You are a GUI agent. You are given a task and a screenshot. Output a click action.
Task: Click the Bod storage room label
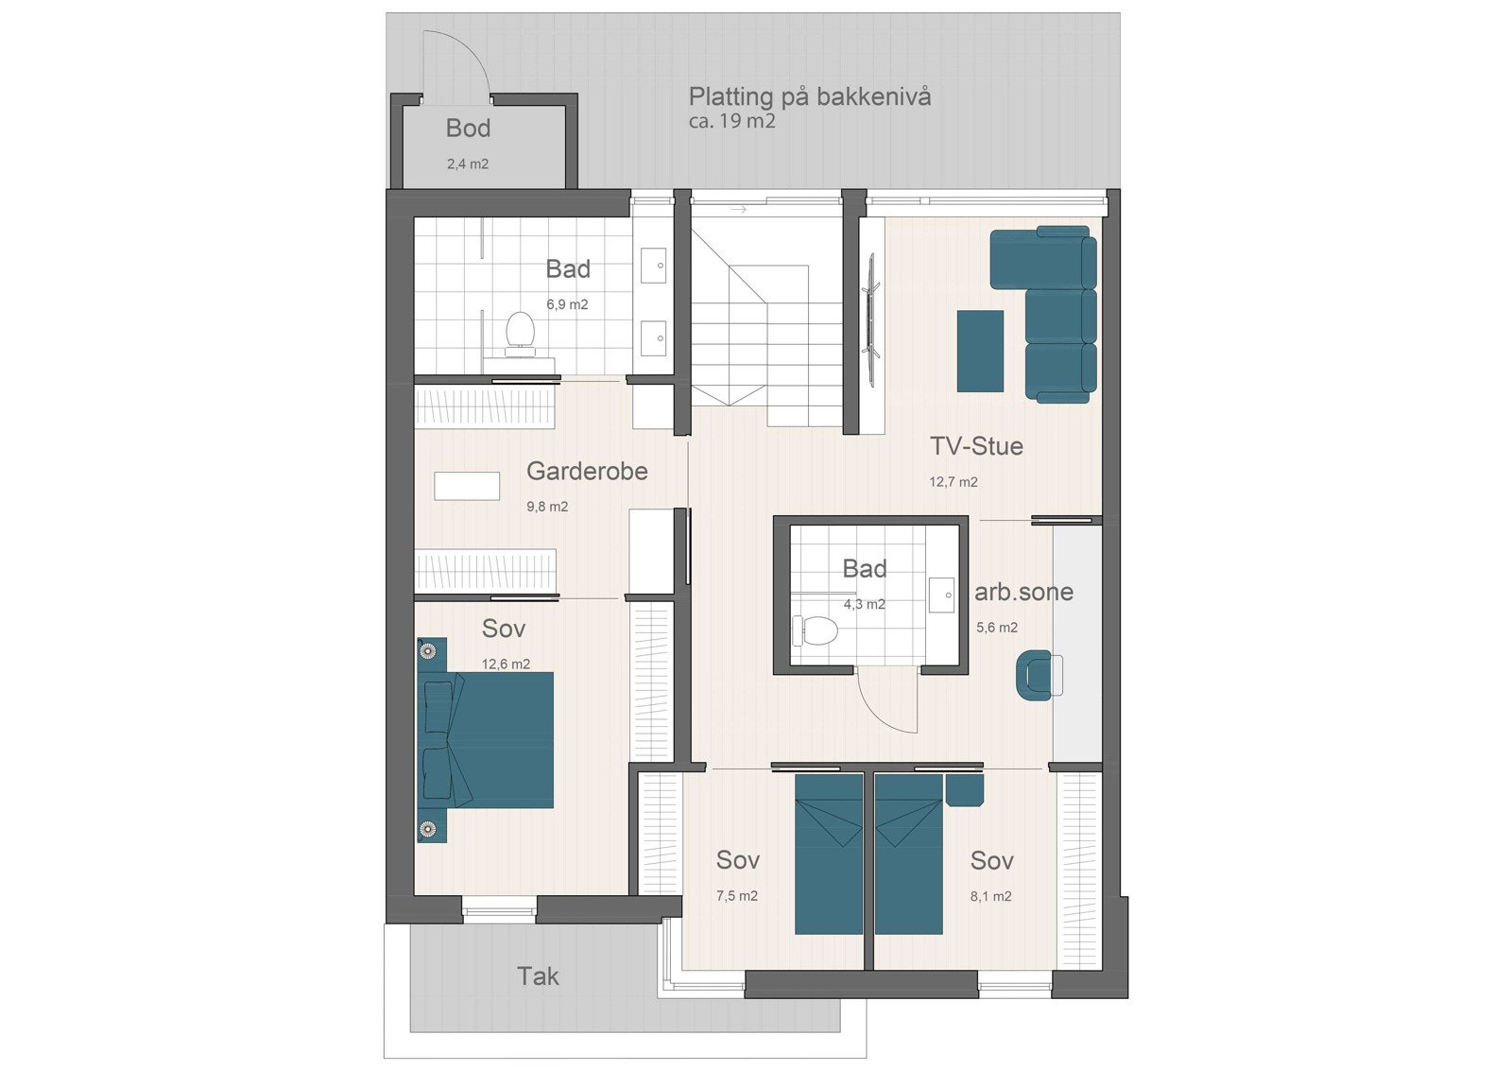[468, 129]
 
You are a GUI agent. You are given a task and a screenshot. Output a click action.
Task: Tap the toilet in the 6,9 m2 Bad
[518, 333]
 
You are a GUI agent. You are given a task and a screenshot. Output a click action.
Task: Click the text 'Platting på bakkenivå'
[809, 96]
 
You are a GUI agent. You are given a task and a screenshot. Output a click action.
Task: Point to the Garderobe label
[587, 471]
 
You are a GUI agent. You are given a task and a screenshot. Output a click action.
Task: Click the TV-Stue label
[976, 446]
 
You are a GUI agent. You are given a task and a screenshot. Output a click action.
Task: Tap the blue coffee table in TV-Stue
[980, 351]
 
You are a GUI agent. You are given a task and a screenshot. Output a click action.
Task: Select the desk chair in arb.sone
[1035, 675]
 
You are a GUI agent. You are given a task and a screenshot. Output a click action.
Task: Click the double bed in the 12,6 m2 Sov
[487, 738]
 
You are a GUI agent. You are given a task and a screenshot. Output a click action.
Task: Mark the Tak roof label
[538, 976]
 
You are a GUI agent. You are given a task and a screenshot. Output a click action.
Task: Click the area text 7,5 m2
[736, 896]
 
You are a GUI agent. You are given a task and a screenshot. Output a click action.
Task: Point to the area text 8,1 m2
[990, 896]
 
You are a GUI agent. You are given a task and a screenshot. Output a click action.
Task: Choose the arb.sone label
[1023, 593]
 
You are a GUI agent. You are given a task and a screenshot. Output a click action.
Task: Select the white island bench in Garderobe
[467, 486]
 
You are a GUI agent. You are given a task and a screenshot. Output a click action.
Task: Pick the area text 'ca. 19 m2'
[731, 122]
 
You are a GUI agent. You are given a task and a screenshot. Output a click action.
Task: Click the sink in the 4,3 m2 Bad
[943, 595]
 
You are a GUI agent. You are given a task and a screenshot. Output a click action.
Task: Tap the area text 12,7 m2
[953, 482]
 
